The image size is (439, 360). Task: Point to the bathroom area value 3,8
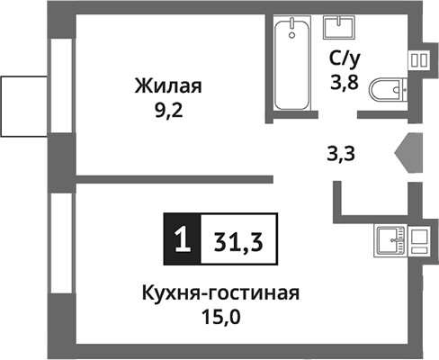[x=343, y=87]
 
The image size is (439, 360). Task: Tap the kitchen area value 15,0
[x=219, y=317]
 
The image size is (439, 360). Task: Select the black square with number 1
[x=181, y=238]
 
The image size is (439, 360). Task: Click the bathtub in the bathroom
[x=289, y=65]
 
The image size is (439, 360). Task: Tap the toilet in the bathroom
[x=388, y=91]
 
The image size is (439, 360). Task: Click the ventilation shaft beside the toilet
[x=419, y=60]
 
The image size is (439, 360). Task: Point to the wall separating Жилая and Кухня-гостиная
[x=171, y=178]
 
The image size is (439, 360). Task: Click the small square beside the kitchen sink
[x=417, y=240]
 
